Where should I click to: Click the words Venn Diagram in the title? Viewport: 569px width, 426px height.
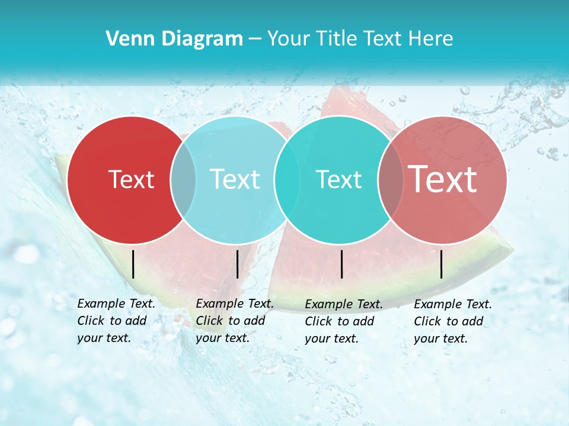point(174,39)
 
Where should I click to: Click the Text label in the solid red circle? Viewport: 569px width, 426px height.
point(131,179)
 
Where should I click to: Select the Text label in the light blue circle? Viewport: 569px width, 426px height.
point(235,179)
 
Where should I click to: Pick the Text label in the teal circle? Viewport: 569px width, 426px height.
point(338,179)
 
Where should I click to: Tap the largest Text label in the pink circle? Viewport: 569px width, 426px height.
point(443,179)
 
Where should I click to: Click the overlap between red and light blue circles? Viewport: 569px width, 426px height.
point(183,179)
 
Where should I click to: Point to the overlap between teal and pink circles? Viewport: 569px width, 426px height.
point(390,179)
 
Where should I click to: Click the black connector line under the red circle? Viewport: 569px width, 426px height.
point(133,264)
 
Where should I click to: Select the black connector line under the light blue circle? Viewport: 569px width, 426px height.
point(237,264)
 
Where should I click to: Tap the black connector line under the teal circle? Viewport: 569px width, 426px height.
point(342,264)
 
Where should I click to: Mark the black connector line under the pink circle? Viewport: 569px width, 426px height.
point(442,264)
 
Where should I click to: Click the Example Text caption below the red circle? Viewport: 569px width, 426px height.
point(116,321)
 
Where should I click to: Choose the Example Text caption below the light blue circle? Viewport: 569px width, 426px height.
point(235,321)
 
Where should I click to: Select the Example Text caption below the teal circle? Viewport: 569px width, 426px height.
point(344,321)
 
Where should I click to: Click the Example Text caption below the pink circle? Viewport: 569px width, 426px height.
point(453,321)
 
